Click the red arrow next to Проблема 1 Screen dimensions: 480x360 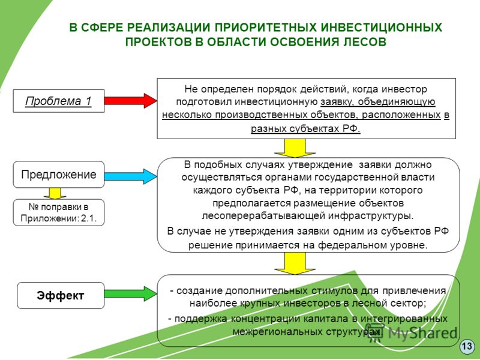pos(130,100)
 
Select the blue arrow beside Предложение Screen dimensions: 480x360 pos(130,176)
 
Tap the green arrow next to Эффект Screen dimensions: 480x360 pos(130,294)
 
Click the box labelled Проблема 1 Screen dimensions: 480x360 pos(58,101)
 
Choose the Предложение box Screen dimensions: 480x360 pos(58,175)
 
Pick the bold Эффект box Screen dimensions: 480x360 pos(61,295)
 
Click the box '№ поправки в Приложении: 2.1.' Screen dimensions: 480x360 pos(58,212)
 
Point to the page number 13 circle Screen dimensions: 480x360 pos(467,346)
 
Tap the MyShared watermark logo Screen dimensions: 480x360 pos(413,332)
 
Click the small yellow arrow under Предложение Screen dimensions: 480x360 pos(55,193)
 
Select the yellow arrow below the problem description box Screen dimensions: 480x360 pos(295,148)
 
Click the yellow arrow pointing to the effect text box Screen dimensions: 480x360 pos(295,263)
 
